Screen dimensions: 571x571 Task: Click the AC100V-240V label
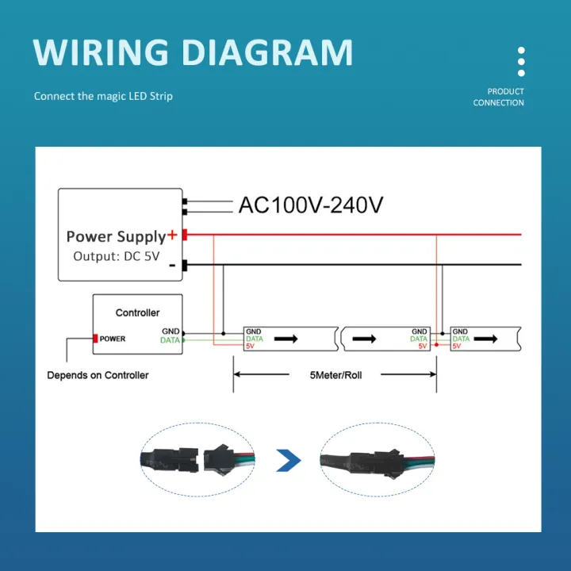click(x=311, y=205)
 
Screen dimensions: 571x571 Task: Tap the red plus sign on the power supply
click(x=172, y=235)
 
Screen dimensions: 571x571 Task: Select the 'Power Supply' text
click(x=116, y=236)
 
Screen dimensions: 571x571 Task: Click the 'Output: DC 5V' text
click(x=117, y=256)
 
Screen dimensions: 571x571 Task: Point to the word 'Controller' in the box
click(x=138, y=312)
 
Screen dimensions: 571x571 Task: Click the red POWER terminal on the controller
click(x=95, y=339)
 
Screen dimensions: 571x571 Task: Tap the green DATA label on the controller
click(x=170, y=340)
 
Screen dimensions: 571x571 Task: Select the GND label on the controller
click(x=171, y=331)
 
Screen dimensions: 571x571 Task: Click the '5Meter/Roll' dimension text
click(x=335, y=375)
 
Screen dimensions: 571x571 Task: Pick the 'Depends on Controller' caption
click(x=98, y=375)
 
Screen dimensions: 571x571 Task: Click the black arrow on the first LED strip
click(x=285, y=339)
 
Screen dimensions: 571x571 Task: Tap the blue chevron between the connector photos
click(x=289, y=461)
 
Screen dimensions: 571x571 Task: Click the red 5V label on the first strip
click(x=250, y=346)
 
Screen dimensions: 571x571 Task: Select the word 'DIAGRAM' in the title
click(x=267, y=52)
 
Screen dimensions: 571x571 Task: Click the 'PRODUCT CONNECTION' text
click(x=499, y=97)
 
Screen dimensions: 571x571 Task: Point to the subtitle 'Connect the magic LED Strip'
click(x=103, y=96)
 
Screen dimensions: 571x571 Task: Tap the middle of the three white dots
click(x=521, y=62)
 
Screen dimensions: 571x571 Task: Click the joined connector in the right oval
click(x=377, y=460)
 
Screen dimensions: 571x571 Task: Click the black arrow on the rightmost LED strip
click(x=485, y=339)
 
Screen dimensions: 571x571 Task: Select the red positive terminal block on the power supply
click(x=185, y=235)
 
